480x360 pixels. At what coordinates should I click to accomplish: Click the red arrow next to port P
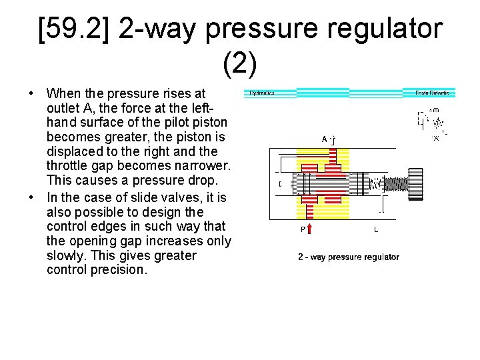[x=310, y=229]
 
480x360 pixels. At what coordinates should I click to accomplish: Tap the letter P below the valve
[x=303, y=230]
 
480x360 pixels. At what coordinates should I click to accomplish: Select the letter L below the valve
[x=376, y=230]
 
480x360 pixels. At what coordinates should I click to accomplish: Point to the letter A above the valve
[x=325, y=139]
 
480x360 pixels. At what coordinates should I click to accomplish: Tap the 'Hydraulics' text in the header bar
[x=263, y=93]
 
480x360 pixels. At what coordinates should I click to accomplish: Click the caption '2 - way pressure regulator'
[x=348, y=257]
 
